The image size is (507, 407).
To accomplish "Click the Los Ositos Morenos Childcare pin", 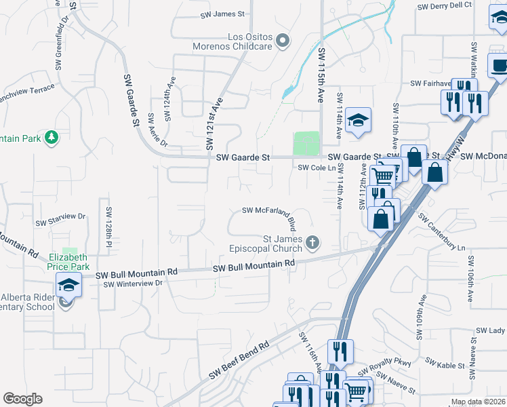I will (x=283, y=41).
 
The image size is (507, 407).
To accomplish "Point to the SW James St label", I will (x=222, y=14).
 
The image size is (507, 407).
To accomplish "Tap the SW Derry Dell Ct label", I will (x=445, y=5).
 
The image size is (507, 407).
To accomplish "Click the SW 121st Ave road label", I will (x=214, y=123).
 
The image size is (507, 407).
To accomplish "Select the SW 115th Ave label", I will (x=322, y=75).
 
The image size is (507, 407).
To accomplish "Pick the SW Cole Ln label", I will (x=317, y=167).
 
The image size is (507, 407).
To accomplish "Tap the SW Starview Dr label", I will (x=61, y=220).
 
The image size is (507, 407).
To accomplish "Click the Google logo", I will (x=22, y=399).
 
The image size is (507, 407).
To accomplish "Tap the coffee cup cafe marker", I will (x=500, y=66).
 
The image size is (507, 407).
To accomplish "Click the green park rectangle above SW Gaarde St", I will (x=306, y=143).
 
